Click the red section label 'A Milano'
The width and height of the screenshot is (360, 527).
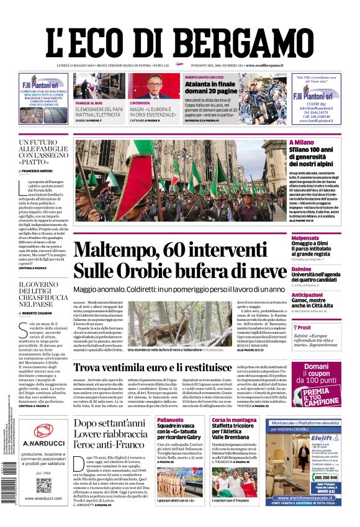click(x=300, y=142)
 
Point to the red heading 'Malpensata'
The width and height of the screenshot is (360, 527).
click(x=305, y=238)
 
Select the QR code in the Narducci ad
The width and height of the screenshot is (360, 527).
click(x=43, y=485)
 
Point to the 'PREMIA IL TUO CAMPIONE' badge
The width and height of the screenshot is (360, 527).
click(x=321, y=395)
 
